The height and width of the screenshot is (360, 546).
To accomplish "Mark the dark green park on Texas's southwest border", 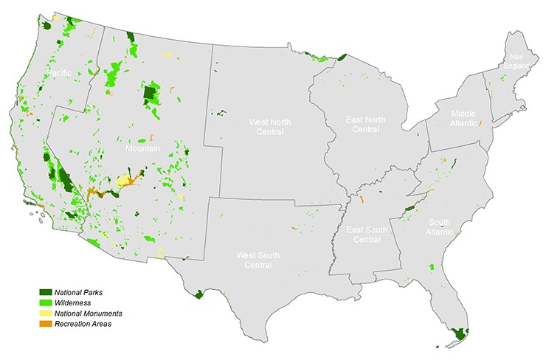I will pyautogui.click(x=198, y=294).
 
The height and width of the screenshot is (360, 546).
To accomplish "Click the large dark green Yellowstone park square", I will pyautogui.click(x=151, y=93).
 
